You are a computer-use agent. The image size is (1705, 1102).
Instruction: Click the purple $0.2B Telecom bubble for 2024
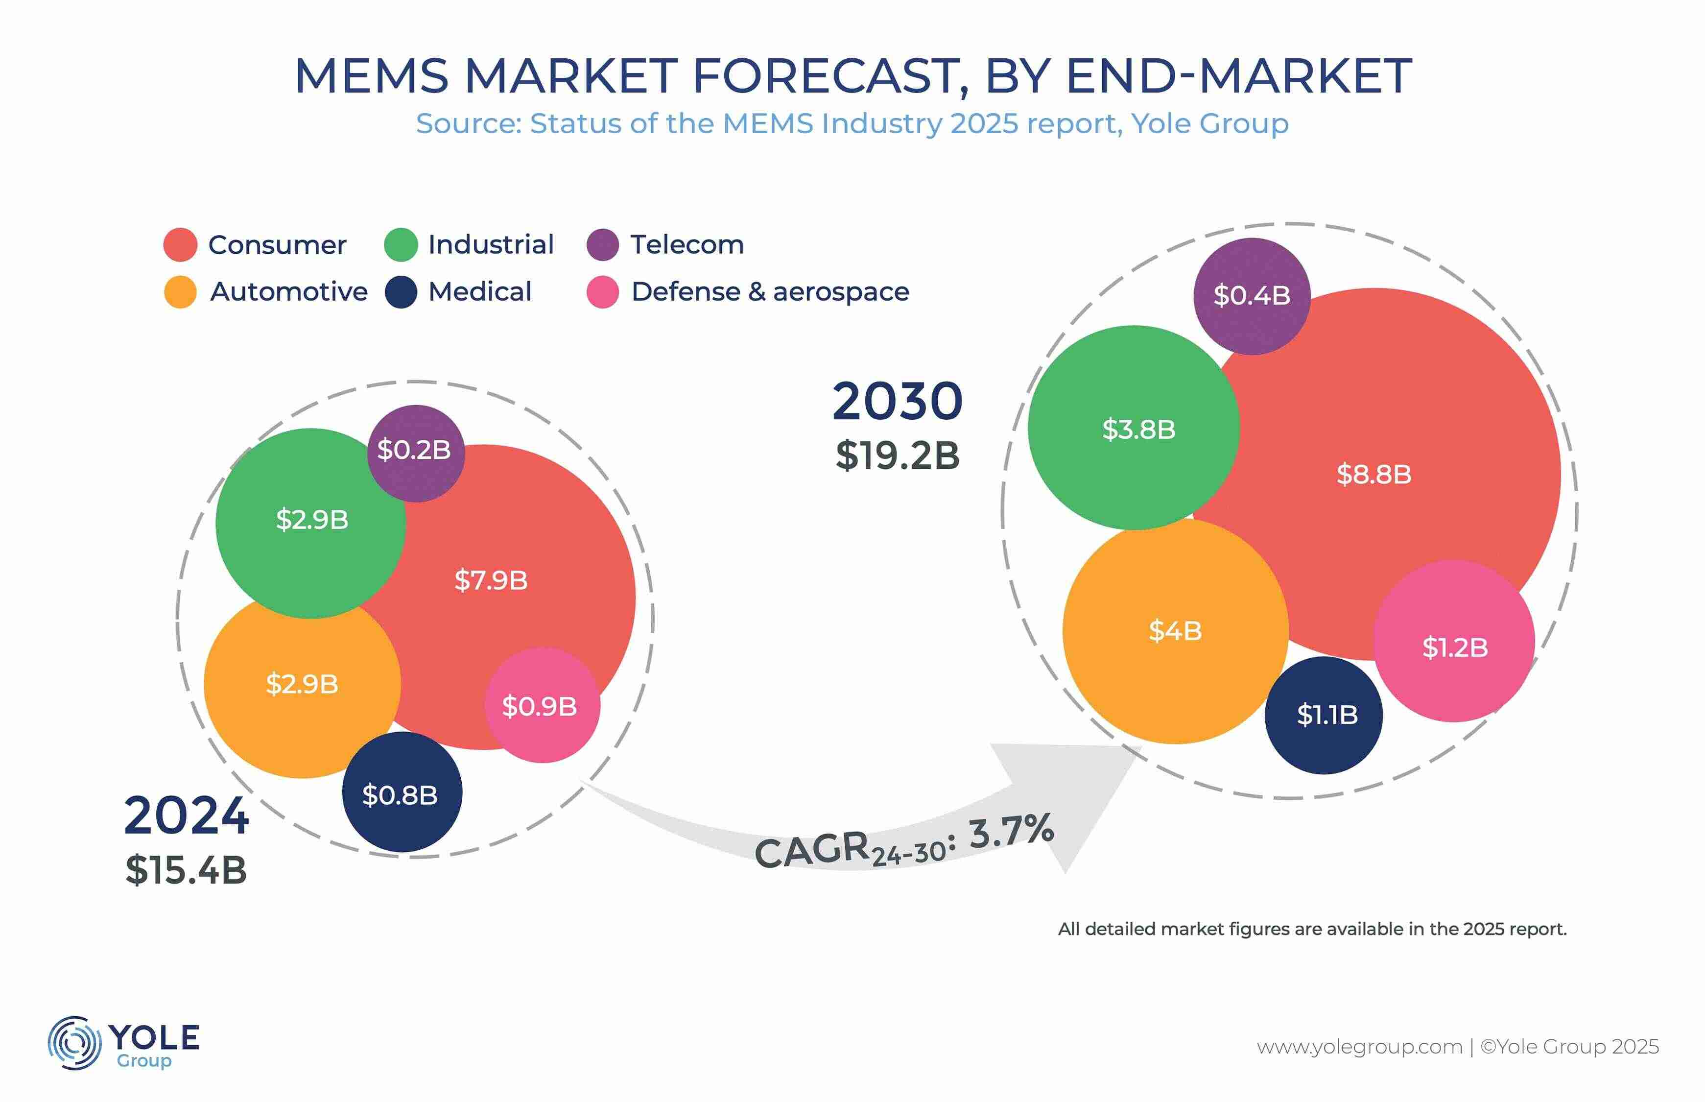416,453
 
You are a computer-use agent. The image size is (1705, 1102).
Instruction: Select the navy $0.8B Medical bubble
402,791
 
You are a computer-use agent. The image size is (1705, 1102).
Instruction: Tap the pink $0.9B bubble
542,705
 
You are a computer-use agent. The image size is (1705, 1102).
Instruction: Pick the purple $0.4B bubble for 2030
1252,295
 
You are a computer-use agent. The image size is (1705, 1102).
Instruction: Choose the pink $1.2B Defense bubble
1454,641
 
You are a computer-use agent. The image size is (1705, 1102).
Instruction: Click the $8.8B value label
1374,474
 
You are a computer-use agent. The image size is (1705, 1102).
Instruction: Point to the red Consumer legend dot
180,245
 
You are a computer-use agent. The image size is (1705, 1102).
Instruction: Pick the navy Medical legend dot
401,292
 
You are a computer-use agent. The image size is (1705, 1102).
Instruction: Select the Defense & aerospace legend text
770,292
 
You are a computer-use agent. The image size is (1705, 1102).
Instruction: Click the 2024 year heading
186,816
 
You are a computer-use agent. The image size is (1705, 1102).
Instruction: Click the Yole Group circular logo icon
74,1043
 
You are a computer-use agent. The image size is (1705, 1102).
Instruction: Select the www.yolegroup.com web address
1360,1047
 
